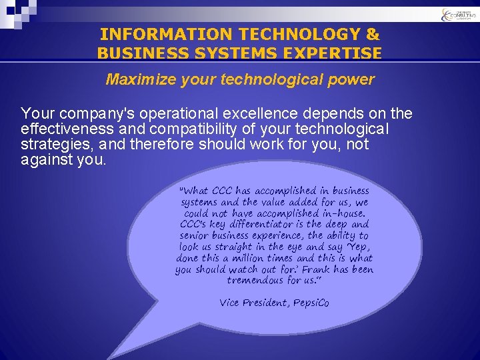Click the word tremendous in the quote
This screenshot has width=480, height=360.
(257, 281)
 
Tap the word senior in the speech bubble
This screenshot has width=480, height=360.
(193, 236)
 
